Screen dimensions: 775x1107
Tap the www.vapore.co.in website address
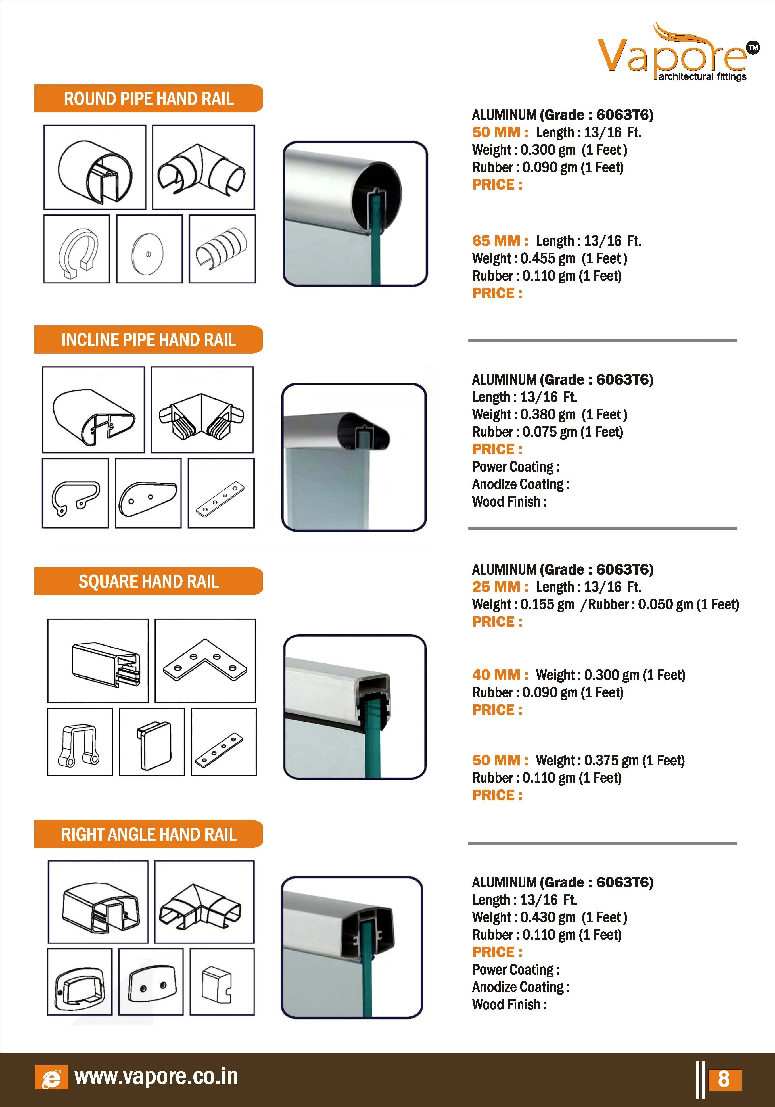[x=156, y=1077]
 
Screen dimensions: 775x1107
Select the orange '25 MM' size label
[x=500, y=587]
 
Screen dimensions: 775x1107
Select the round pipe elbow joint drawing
[x=202, y=169]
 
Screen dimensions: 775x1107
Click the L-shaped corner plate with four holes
[x=205, y=660]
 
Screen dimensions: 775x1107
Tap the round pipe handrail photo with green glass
[x=355, y=214]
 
